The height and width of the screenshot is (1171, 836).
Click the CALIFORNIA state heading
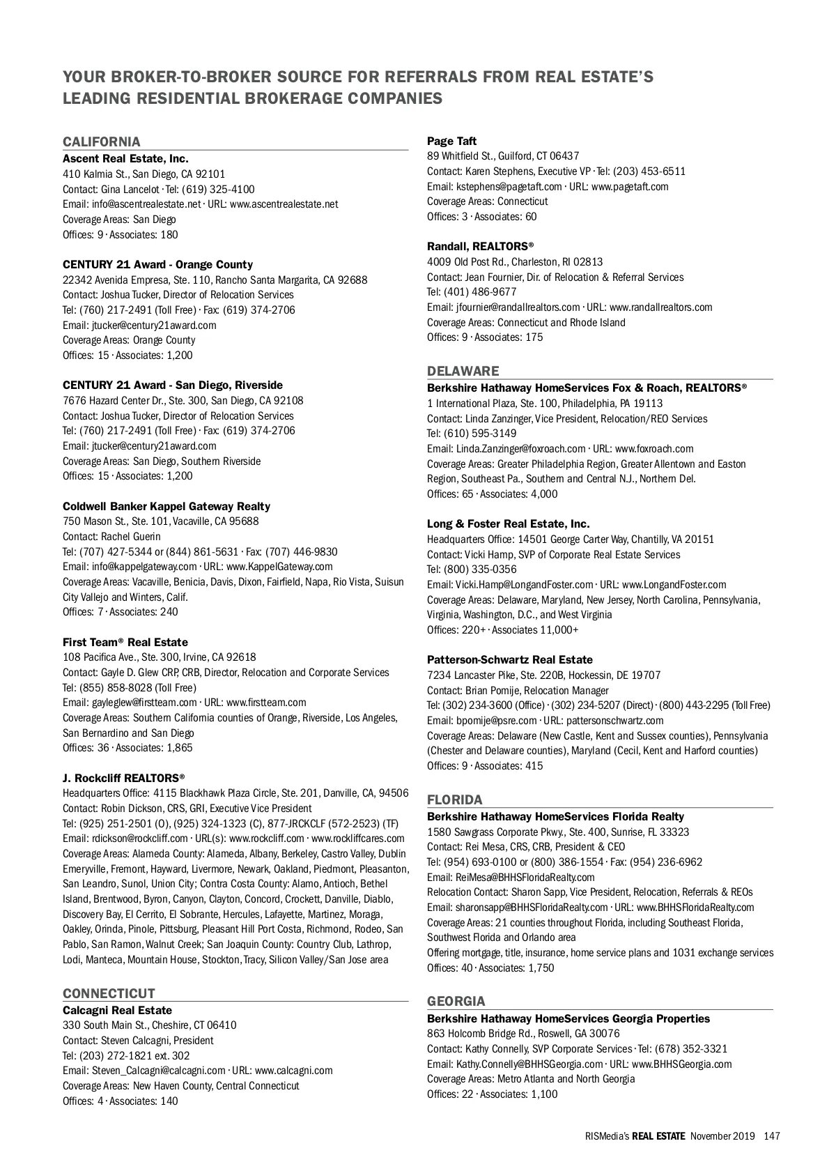click(102, 142)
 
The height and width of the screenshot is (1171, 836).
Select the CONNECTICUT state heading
click(109, 993)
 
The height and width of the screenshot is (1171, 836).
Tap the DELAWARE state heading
click(463, 371)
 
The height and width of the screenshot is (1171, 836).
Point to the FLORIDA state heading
click(454, 799)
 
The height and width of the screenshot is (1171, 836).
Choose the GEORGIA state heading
click(456, 1002)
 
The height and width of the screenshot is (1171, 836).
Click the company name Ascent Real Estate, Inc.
click(125, 159)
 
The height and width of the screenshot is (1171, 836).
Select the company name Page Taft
click(451, 141)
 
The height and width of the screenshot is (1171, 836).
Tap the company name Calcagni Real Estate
click(117, 1010)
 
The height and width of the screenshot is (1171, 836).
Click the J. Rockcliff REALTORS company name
click(123, 778)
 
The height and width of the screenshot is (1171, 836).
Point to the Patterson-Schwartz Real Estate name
click(509, 659)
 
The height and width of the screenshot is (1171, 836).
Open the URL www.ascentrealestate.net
click(284, 204)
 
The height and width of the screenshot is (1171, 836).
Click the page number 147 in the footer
click(771, 1136)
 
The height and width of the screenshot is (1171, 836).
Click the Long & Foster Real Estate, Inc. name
click(508, 523)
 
